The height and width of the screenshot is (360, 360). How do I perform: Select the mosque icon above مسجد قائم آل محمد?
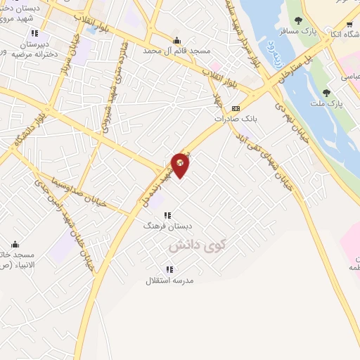click(176, 40)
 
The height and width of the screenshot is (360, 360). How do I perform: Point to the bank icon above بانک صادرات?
click(236, 108)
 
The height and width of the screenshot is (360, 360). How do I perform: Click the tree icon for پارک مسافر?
click(298, 20)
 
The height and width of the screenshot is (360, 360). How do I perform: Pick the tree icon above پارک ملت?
click(326, 93)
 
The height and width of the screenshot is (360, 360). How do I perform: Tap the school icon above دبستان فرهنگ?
click(167, 215)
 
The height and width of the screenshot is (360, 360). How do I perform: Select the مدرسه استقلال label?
click(169, 281)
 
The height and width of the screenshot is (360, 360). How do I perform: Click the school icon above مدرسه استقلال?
click(169, 269)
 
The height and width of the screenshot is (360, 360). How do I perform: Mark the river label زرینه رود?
click(270, 53)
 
